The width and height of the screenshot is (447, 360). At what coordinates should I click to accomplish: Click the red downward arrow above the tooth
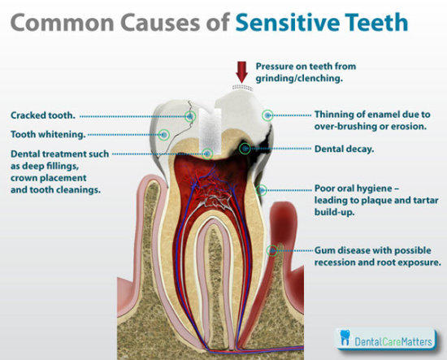tap(241, 72)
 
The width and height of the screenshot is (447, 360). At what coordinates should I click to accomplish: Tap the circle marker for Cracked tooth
tap(190, 116)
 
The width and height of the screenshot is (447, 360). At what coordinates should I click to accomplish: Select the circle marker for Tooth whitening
tap(164, 135)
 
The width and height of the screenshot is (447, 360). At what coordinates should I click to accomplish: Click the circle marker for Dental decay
tap(245, 149)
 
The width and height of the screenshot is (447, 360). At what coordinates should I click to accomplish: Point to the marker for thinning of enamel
tap(267, 115)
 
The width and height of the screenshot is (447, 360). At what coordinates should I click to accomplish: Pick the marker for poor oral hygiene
tap(262, 190)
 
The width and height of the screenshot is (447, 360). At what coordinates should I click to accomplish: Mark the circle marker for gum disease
tap(272, 250)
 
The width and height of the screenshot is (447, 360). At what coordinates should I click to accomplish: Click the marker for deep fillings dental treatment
tap(208, 154)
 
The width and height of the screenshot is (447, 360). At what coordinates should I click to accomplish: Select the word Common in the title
tap(62, 23)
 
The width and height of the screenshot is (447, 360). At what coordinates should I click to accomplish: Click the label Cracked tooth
tap(43, 115)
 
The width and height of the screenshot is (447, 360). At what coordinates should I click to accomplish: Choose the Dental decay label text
tap(344, 149)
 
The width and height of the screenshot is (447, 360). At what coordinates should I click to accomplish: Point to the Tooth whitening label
tap(48, 134)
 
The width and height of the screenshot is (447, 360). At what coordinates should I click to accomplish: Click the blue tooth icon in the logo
tap(345, 337)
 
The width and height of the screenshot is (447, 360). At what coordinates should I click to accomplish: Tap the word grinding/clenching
tap(299, 78)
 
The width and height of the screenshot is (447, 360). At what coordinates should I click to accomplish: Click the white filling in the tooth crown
tap(210, 131)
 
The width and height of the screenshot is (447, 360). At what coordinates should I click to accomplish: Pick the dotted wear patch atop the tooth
tap(242, 87)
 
